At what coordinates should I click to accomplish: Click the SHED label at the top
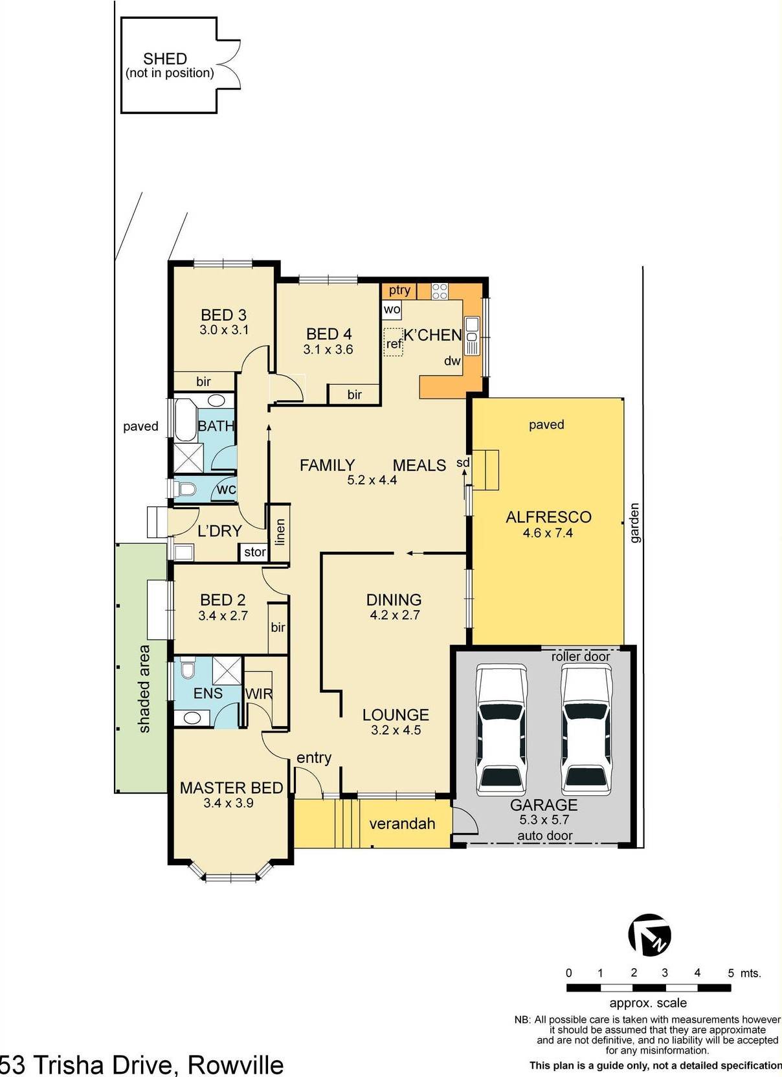click(x=165, y=59)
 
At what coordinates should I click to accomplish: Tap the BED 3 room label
click(x=223, y=315)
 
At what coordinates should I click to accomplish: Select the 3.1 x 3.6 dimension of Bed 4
click(x=328, y=350)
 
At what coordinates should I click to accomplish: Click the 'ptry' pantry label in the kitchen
click(x=399, y=290)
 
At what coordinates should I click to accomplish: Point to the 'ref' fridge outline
click(x=394, y=342)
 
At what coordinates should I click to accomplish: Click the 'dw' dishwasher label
click(x=452, y=361)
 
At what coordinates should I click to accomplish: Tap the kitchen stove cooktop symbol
click(x=440, y=291)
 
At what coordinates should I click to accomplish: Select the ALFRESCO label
click(x=548, y=517)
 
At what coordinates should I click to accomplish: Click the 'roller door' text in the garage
click(x=581, y=656)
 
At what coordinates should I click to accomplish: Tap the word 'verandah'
click(x=402, y=824)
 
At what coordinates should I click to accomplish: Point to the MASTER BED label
click(x=231, y=788)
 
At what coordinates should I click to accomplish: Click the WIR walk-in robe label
click(x=259, y=694)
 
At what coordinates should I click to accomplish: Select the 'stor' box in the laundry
click(x=254, y=552)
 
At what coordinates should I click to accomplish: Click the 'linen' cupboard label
click(x=280, y=531)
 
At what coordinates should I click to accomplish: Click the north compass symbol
click(x=650, y=935)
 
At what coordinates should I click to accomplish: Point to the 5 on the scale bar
click(x=731, y=973)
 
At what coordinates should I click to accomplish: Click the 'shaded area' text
click(x=144, y=688)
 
